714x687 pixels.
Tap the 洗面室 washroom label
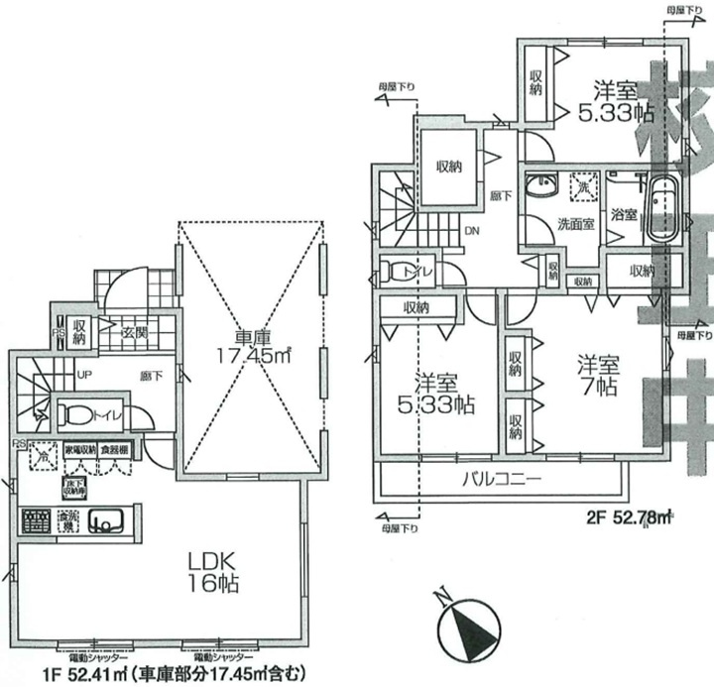[575, 223]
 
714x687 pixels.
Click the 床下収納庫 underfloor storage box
[74, 486]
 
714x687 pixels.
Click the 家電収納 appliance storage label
[79, 451]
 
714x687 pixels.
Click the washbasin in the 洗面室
[542, 187]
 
